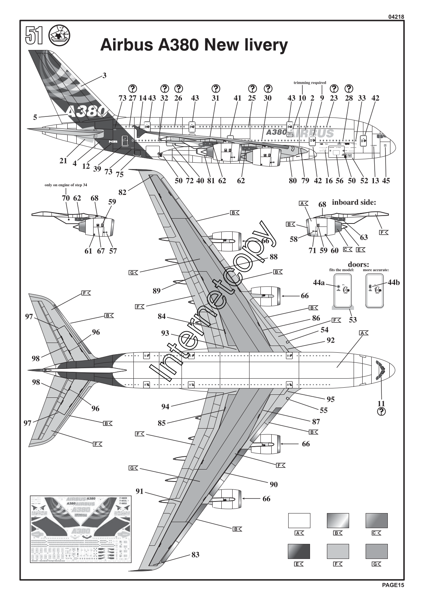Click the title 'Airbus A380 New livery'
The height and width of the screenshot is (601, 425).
coord(194,45)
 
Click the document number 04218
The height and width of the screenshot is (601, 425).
coord(394,17)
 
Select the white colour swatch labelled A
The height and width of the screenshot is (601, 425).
coord(299,521)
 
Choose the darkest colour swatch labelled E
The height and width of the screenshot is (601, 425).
coord(299,551)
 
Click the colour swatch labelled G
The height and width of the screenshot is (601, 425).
coord(377,551)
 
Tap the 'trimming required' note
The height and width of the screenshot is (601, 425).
coord(310,83)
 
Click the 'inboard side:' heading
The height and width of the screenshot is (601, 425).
coord(354,202)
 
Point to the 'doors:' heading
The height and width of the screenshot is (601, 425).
coord(358,264)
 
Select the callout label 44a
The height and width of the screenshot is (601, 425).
coord(319,282)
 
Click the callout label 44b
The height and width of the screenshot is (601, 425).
coord(393,282)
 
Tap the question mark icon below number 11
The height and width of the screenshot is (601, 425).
coord(381,412)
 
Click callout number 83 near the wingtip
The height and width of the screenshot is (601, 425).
coord(195,554)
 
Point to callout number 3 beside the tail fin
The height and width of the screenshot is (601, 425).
coord(104,76)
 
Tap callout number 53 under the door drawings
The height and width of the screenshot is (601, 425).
coord(352,320)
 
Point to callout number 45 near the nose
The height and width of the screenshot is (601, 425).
coord(386,181)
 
